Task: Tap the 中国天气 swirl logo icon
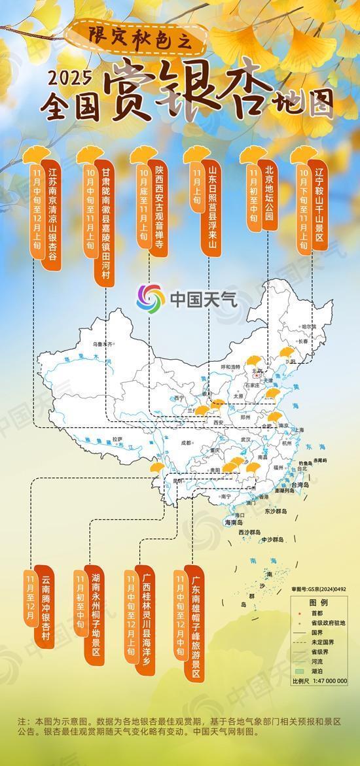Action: [x=151, y=299]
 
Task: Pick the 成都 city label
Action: [x=189, y=442]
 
